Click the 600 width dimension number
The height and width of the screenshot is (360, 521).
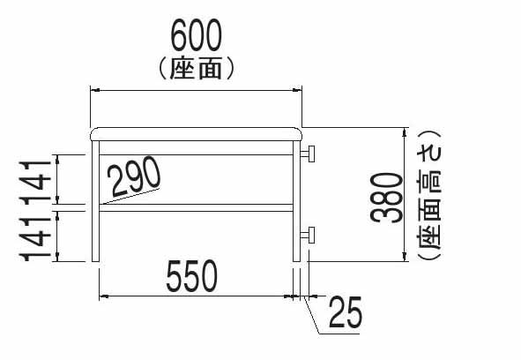196,35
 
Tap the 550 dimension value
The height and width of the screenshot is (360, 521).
191,276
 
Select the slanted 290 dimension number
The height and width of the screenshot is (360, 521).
135,176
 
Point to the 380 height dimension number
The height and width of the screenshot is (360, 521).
386,198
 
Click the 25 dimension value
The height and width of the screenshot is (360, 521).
346,311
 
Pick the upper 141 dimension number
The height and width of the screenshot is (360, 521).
35,182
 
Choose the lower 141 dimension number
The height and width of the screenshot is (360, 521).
35,239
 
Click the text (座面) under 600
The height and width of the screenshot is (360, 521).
197,69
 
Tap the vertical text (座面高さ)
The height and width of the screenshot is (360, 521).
428,195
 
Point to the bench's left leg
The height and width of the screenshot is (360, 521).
95,201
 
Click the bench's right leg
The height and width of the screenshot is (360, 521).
296,201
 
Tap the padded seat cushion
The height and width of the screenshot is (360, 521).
197,134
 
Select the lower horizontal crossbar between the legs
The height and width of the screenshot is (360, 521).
196,207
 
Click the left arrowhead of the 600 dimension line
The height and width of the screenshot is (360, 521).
95,90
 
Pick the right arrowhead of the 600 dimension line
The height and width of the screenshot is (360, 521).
297,90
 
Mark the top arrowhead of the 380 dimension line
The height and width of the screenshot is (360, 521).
404,132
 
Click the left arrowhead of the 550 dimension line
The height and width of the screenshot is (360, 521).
104,296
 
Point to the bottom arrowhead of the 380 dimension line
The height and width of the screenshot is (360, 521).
404,257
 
